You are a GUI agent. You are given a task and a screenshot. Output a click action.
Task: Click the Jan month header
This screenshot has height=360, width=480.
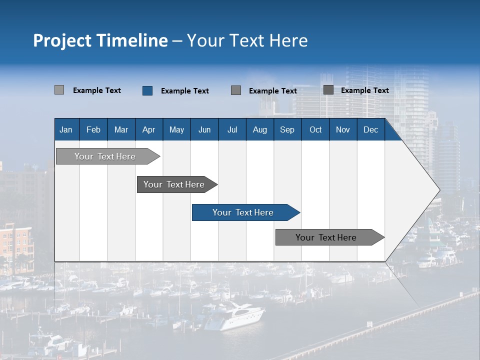[66, 129]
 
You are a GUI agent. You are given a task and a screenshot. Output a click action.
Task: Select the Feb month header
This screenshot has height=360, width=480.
[93, 129]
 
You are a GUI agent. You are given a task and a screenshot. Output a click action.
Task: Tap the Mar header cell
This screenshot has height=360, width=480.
[121, 129]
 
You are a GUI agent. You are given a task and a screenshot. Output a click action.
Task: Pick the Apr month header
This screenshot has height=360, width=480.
[149, 129]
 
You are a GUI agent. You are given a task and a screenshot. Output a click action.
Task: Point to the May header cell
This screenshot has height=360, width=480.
[176, 129]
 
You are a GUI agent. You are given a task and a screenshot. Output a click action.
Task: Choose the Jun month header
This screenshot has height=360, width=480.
[204, 129]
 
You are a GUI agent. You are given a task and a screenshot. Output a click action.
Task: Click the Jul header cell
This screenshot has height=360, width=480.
[232, 129]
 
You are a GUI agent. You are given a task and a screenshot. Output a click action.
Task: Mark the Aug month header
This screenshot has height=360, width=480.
[260, 129]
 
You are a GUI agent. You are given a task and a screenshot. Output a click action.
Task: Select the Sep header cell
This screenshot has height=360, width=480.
[287, 129]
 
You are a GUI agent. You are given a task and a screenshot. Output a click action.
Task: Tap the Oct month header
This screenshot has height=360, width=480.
[315, 129]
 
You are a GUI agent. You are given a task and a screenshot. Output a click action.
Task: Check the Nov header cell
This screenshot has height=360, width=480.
[343, 129]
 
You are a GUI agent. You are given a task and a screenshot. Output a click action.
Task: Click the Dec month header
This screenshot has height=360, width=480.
[371, 129]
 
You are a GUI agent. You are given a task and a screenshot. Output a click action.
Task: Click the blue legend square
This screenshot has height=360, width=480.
[147, 90]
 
